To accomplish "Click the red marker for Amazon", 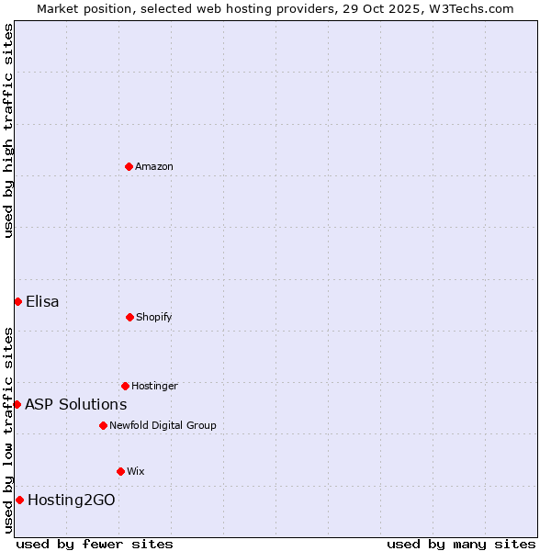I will click(129, 166).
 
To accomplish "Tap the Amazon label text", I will click(154, 166).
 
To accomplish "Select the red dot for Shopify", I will click(129, 317).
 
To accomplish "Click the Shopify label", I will click(154, 317).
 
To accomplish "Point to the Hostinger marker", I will click(125, 386).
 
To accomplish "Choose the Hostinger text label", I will click(154, 386).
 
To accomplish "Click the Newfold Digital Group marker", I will click(103, 425).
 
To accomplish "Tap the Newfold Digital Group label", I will click(163, 425).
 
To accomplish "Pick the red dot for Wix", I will click(120, 471).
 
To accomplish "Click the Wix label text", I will click(136, 471).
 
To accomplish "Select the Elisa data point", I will click(17, 301).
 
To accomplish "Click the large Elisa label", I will click(42, 301).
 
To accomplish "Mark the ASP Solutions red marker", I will click(17, 404).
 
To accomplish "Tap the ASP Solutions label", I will click(76, 404).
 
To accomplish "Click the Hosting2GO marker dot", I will click(19, 500).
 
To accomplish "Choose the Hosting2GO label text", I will click(72, 500).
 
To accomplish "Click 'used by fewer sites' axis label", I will click(95, 544).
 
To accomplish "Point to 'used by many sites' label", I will click(461, 544).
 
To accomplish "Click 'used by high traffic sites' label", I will click(8, 130).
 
